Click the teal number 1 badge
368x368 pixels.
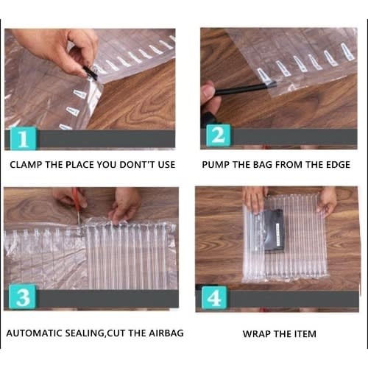point(24,138)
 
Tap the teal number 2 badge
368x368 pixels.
point(219,135)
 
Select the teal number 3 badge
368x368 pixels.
point(22,297)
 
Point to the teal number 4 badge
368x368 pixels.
point(214,297)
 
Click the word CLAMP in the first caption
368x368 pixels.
point(26,165)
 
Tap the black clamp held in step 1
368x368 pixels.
point(91,73)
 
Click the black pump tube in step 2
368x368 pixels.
point(245,89)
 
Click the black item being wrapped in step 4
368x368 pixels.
point(275,230)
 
